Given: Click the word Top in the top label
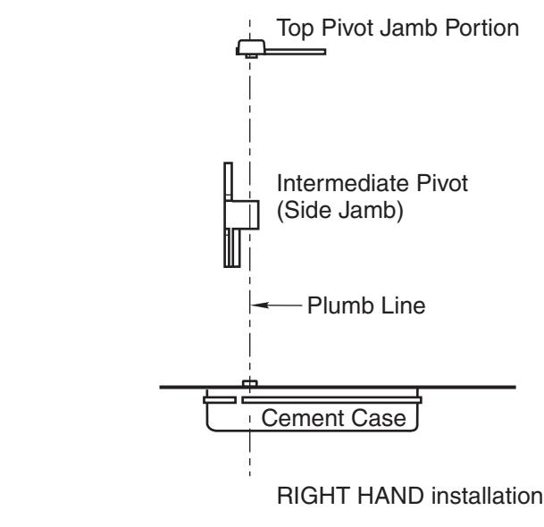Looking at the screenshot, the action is [296, 29].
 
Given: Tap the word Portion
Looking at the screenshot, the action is [482, 28].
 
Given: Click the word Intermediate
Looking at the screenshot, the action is [344, 183].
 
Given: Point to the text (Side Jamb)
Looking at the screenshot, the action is [340, 210].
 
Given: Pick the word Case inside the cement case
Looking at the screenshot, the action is [379, 418].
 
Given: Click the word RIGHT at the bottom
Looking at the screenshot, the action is [314, 496].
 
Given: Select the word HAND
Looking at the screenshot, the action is [391, 496].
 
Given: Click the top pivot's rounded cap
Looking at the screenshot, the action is [251, 46].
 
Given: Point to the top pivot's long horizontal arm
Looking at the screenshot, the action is [296, 52].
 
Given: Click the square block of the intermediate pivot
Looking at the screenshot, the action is [242, 214].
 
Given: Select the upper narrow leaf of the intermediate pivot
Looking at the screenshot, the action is [228, 181].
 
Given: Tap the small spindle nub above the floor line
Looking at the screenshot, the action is [250, 383].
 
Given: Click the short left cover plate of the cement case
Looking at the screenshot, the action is [220, 400].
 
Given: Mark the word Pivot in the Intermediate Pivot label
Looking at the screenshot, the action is [442, 183].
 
